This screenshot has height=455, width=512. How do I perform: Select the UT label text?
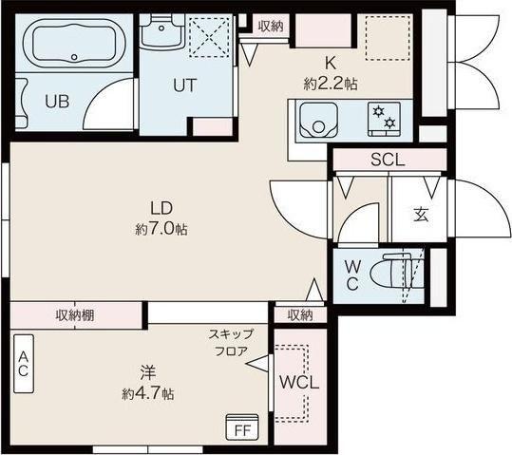184,85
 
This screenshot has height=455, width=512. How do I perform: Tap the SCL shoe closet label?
388,161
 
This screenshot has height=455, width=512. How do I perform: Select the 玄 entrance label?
420,215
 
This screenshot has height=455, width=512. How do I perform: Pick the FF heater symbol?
242,427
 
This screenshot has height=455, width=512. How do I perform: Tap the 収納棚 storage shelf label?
73,314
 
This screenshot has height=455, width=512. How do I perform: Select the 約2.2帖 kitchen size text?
331,84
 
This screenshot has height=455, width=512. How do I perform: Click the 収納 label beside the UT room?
271,26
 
